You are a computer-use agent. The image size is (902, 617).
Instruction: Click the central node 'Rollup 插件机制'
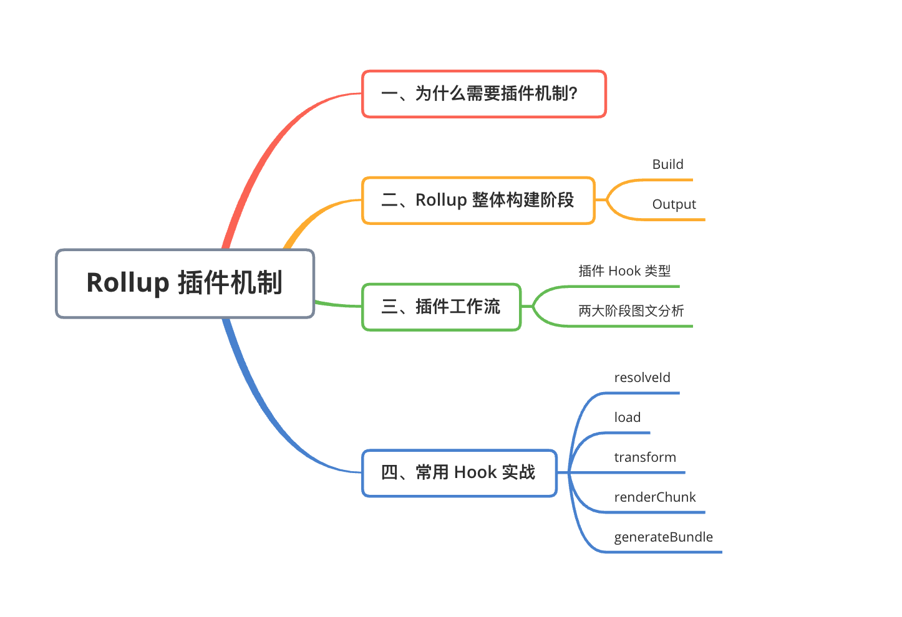pos(185,284)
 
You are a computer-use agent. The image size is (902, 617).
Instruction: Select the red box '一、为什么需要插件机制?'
pos(483,94)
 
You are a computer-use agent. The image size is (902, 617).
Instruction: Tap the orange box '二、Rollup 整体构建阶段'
pos(478,201)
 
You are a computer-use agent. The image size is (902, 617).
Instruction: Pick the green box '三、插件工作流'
pos(441,307)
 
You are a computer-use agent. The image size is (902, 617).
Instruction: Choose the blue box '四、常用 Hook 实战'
pos(458,473)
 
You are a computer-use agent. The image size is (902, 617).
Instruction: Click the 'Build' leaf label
pos(667,165)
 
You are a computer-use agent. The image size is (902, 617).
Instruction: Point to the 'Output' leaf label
pos(674,204)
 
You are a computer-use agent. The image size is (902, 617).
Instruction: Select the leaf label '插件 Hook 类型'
pos(624,271)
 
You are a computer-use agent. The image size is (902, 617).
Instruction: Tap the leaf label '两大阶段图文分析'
pos(631,311)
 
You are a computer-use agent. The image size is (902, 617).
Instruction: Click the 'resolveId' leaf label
pos(642,378)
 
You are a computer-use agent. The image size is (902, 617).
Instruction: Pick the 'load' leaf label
pos(627,418)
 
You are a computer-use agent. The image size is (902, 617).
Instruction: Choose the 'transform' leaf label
pos(644,457)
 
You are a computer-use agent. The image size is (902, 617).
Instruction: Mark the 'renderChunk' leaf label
pos(654,497)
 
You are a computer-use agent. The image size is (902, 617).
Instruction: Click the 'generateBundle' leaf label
pos(663,537)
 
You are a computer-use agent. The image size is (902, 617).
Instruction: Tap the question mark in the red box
pos(573,94)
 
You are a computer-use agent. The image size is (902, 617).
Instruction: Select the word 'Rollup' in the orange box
pos(441,201)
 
